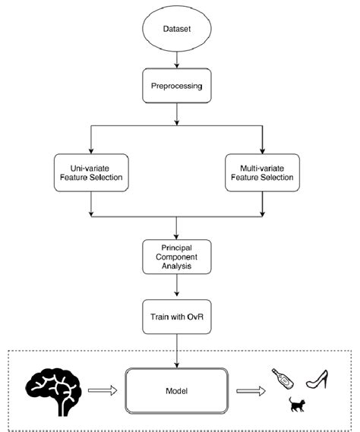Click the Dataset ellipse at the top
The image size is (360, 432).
click(x=176, y=30)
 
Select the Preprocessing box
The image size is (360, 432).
click(x=176, y=86)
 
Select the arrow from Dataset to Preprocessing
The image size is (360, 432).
click(x=176, y=58)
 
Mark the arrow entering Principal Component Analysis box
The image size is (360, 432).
click(x=176, y=228)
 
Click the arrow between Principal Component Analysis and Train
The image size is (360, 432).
click(x=176, y=287)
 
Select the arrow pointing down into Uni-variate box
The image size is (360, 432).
click(x=91, y=138)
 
